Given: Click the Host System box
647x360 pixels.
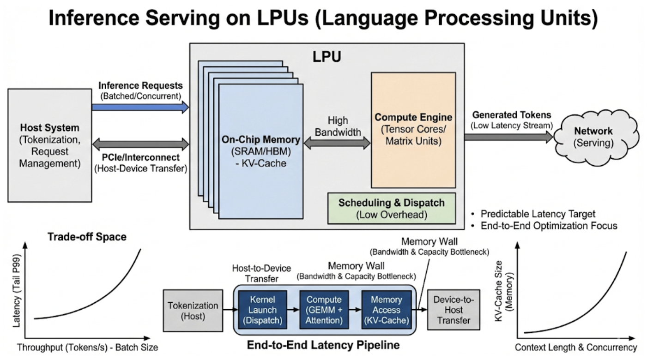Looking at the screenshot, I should (49, 145).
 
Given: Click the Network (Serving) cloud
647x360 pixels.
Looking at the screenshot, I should (593, 137).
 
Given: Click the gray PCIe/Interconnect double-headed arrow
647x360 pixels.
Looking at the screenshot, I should (140, 144).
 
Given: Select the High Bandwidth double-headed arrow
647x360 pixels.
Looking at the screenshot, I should (337, 143).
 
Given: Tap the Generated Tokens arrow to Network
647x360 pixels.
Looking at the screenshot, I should (508, 136).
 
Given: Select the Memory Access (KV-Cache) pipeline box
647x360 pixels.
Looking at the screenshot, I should (386, 310).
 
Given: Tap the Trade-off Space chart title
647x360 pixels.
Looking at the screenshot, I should (87, 237).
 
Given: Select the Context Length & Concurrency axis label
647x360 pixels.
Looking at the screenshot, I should (575, 348).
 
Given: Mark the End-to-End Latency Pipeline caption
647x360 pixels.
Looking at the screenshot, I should (323, 345).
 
